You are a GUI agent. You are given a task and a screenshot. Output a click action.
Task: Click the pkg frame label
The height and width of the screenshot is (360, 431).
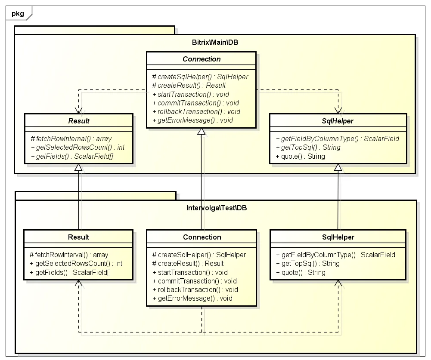pos(18,13)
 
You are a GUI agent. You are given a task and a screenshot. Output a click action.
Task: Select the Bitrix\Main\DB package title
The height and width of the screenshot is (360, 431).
pos(215,42)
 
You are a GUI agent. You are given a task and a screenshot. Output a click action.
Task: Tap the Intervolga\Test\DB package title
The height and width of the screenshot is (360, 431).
pos(217,208)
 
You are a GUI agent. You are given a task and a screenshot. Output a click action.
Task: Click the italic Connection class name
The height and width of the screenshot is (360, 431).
pos(202,59)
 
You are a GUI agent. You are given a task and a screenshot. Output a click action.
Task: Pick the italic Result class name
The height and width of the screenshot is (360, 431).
pos(79,121)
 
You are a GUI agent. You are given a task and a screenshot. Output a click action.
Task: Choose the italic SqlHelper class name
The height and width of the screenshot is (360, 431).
pos(338,121)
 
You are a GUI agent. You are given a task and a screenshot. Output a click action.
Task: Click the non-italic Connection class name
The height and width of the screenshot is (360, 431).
pos(202,237)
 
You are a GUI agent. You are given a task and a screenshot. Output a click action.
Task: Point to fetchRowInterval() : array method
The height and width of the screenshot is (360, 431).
pos(69,255)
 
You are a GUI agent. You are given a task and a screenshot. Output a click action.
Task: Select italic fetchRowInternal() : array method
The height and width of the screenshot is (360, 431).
pos(71,138)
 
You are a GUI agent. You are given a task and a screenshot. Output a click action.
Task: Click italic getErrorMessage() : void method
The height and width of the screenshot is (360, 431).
pos(193,120)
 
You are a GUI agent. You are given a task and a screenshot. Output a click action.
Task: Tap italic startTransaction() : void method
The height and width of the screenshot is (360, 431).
pos(191,95)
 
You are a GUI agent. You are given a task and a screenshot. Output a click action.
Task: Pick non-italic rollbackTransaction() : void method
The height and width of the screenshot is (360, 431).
pos(195,290)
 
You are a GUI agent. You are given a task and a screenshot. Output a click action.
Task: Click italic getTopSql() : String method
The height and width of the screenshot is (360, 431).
pos(308,148)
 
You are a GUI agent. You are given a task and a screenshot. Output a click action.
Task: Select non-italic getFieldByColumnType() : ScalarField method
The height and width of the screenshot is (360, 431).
pos(335,255)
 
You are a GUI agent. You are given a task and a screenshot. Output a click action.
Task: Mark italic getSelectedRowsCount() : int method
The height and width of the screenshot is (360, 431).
pos(78,148)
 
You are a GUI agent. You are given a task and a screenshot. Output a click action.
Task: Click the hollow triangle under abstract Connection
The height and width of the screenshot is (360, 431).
pos(201,132)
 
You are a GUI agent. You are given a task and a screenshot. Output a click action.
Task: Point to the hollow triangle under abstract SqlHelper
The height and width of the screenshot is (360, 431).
pos(338,167)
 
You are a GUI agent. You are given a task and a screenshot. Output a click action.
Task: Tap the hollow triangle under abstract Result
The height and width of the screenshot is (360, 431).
pos(79,167)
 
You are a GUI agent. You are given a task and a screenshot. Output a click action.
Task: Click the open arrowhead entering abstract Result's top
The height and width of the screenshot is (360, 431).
pos(79,111)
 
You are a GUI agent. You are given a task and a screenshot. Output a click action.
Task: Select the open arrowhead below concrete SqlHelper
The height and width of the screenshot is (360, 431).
pos(338,283)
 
